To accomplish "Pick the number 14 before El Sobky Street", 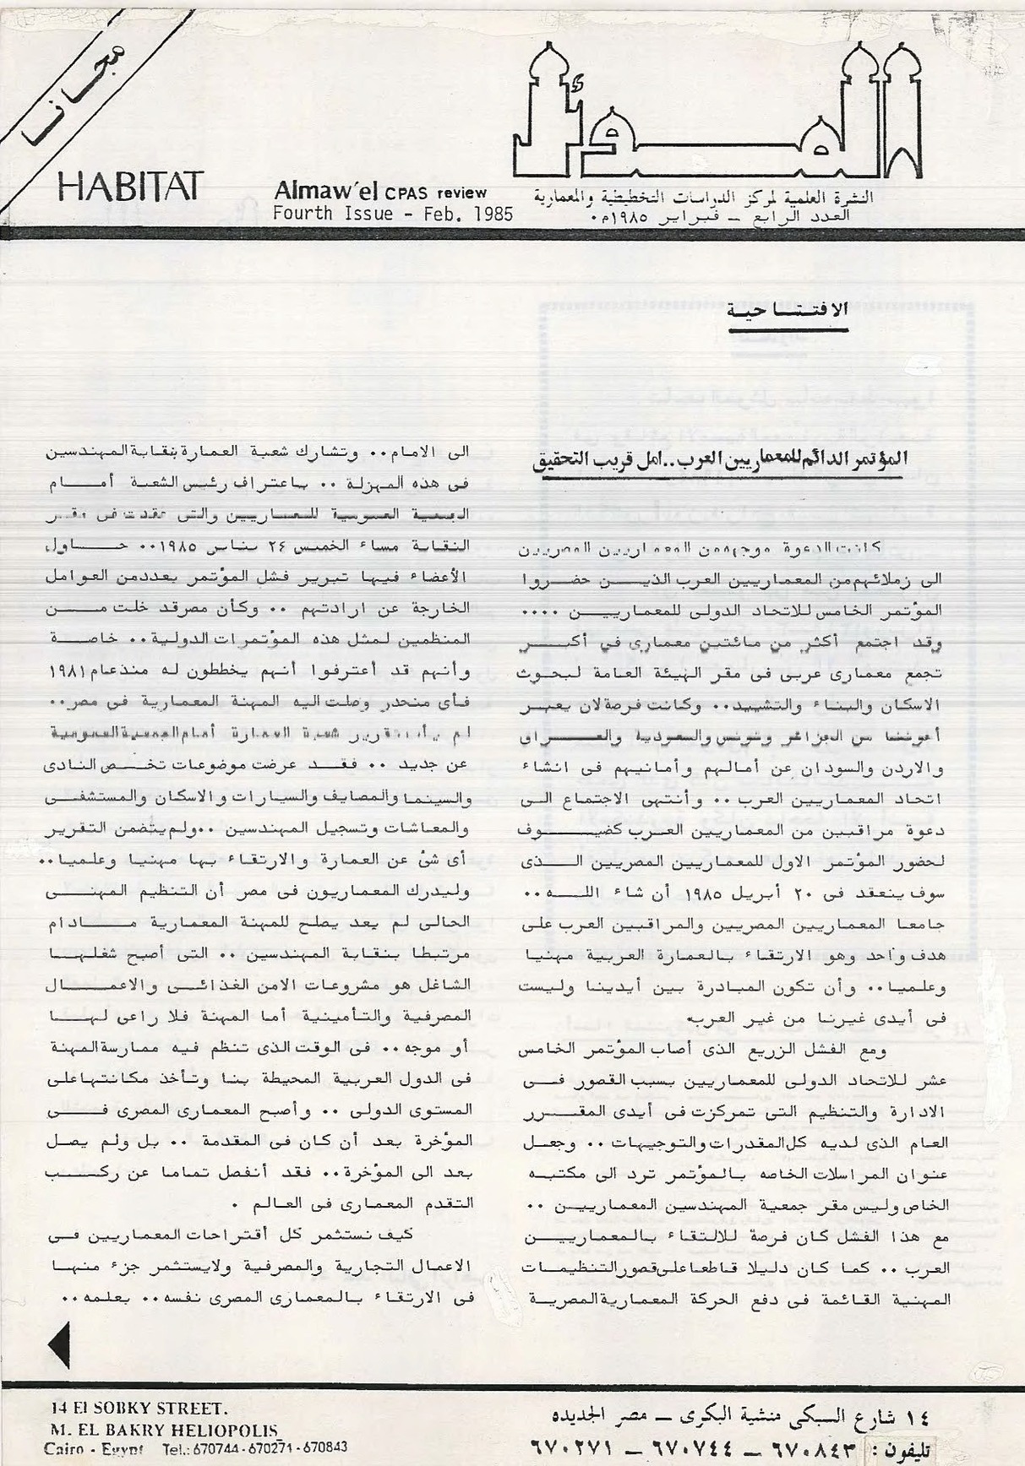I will [x=59, y=1408].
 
